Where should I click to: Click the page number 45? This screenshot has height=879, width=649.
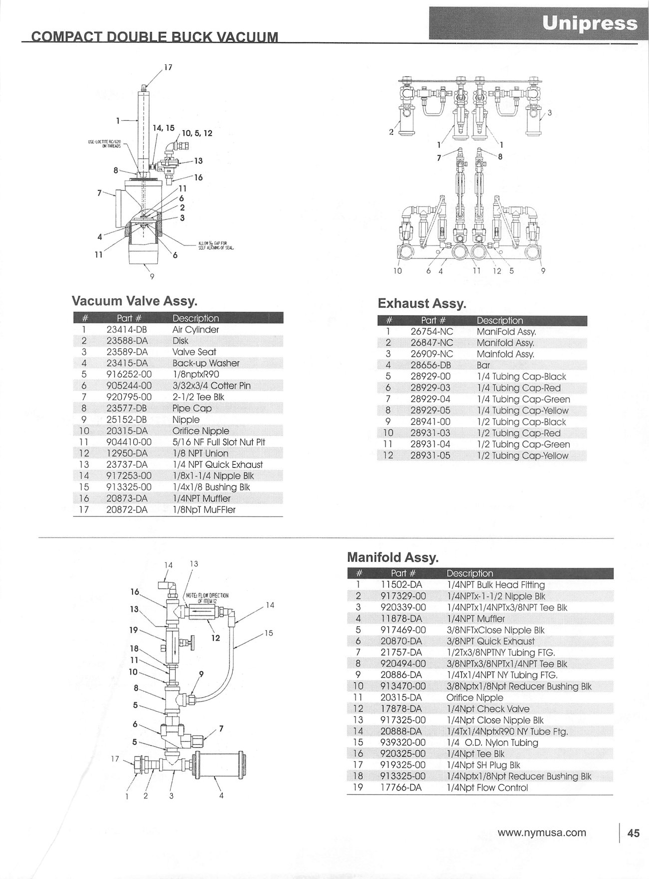(634, 833)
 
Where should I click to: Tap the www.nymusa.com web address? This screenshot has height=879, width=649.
(542, 833)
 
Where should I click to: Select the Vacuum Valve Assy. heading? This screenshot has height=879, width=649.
(135, 301)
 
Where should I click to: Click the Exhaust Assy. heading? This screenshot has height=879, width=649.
(422, 303)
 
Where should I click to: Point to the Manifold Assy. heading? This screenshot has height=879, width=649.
(392, 557)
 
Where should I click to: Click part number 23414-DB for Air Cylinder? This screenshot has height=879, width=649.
(127, 329)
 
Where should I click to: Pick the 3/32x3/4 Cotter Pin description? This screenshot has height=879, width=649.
(211, 385)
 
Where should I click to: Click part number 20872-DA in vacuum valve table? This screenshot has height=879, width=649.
(127, 510)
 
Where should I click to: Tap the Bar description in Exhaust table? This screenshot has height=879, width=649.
(483, 365)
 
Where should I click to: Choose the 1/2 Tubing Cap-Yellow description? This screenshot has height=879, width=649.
(523, 455)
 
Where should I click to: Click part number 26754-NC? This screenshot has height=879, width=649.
(432, 331)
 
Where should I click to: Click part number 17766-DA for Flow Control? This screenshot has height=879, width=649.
(401, 788)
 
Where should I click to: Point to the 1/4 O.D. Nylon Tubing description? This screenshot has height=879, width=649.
(492, 742)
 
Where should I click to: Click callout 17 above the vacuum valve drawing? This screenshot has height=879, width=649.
(168, 67)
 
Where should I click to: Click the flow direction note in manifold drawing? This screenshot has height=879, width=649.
(207, 598)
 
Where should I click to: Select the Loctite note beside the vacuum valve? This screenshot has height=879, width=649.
(105, 144)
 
